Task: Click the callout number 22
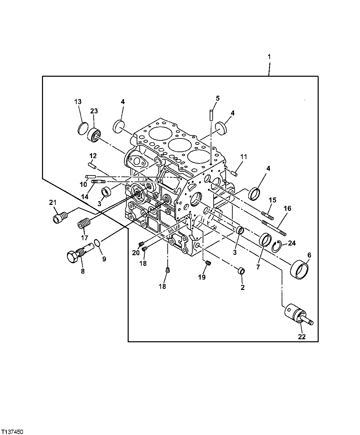click(x=301, y=337)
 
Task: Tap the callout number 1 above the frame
click(x=269, y=56)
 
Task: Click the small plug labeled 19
click(x=208, y=264)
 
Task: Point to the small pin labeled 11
click(x=234, y=173)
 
